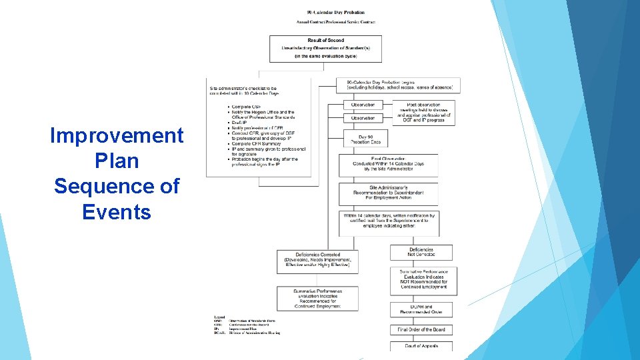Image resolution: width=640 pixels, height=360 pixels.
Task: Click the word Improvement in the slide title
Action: tap(117, 135)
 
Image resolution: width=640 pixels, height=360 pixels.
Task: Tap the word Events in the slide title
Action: tap(117, 212)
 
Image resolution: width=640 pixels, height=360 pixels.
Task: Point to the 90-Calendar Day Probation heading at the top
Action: tap(335, 13)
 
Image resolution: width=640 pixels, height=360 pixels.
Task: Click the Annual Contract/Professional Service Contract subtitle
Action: tap(335, 22)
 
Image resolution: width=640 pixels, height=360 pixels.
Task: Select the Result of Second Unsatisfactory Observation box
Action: tap(326, 49)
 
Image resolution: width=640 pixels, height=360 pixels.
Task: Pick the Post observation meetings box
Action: tap(424, 113)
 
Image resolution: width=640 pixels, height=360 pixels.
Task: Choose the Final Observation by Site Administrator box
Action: tap(388, 164)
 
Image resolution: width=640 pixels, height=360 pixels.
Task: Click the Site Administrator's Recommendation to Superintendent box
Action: tap(388, 194)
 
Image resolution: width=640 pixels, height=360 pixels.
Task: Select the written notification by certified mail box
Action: tap(388, 221)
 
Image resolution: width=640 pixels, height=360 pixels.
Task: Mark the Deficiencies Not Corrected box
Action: tap(421, 252)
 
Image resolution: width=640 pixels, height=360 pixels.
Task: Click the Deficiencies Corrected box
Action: tap(317, 260)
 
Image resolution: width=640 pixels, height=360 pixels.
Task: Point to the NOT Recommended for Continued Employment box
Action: tap(421, 281)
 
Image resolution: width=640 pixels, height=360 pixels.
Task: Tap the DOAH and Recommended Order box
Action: tap(421, 309)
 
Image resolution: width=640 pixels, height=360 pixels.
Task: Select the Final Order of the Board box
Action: tap(421, 329)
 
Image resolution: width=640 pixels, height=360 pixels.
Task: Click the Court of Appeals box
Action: tap(421, 345)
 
